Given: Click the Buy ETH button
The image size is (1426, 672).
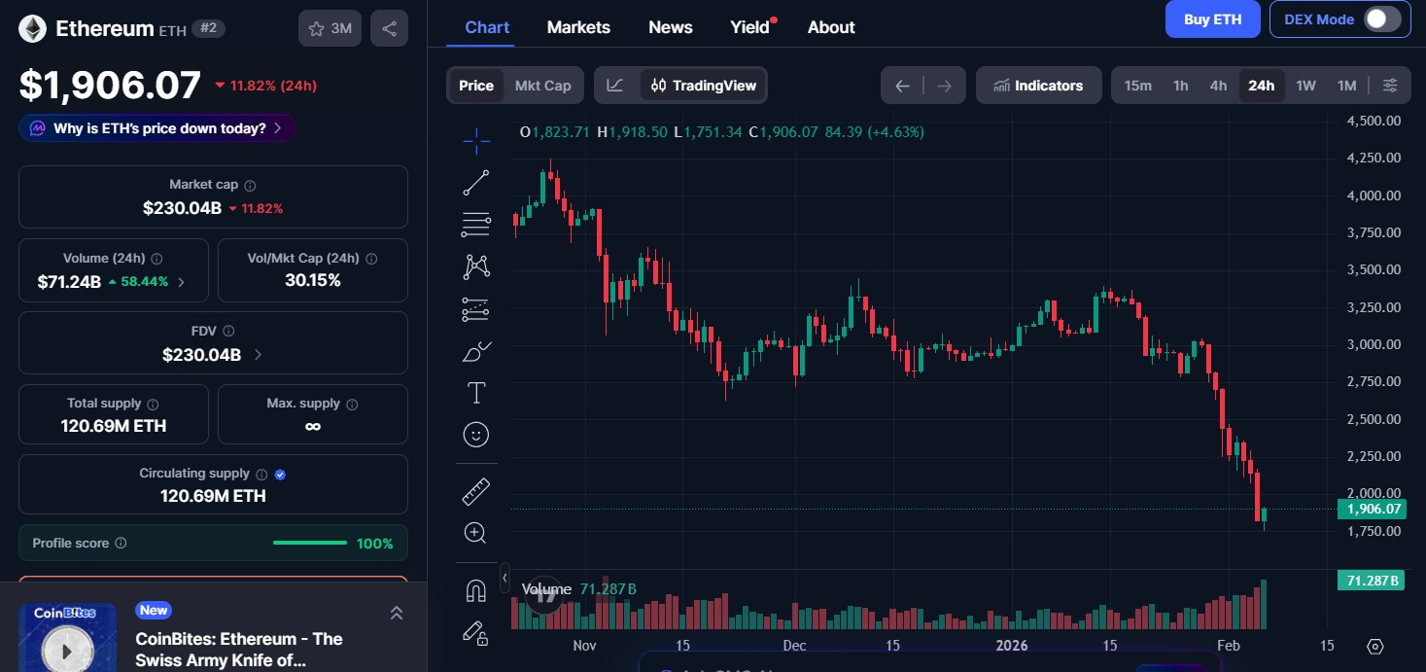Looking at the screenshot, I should (x=1212, y=19).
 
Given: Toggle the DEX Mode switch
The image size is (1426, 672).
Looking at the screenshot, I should (x=1381, y=19).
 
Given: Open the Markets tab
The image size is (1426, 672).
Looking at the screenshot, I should (x=578, y=27).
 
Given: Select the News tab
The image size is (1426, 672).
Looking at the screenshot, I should (x=670, y=27).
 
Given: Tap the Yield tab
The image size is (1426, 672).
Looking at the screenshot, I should (x=750, y=27).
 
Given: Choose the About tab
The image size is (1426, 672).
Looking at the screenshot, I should (x=831, y=27).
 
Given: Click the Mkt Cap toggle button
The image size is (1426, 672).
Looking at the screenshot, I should (x=542, y=86).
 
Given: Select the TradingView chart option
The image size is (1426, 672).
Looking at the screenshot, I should (x=704, y=86).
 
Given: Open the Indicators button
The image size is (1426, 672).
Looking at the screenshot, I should (x=1038, y=86).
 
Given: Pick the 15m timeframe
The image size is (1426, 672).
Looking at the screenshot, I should (x=1137, y=86).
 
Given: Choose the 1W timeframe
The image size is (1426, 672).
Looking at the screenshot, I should (x=1305, y=86).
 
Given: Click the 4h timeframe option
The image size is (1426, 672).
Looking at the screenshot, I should (x=1218, y=86).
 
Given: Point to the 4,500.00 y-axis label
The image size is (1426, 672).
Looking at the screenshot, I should (x=1374, y=121).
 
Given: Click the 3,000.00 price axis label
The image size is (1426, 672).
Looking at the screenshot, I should (x=1374, y=344).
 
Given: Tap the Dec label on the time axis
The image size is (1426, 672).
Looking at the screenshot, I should (x=794, y=646).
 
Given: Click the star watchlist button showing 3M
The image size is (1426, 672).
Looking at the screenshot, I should (x=330, y=29).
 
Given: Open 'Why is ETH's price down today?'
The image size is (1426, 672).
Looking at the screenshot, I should (x=157, y=128).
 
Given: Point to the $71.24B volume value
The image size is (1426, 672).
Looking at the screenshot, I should (x=69, y=282).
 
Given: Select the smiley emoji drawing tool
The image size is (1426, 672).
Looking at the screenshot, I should (x=476, y=434).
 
